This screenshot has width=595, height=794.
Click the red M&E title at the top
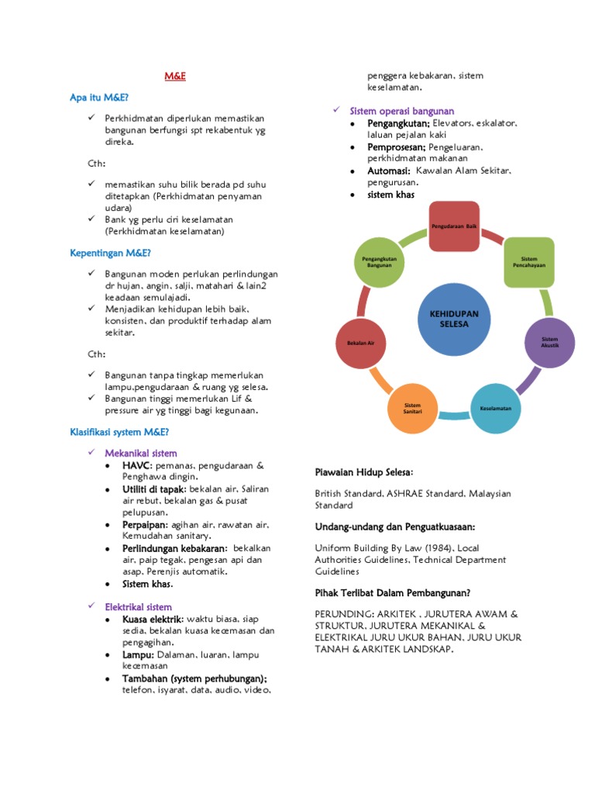[175, 76]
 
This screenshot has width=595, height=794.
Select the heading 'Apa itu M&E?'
[99, 98]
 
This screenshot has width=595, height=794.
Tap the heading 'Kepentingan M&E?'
[110, 253]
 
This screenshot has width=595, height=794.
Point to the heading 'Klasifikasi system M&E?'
[119, 432]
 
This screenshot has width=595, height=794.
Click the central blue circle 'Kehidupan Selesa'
[454, 318]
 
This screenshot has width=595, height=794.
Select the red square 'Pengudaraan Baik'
[454, 226]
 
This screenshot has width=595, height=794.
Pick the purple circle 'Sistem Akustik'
[549, 341]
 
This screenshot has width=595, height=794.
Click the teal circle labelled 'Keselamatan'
[496, 408]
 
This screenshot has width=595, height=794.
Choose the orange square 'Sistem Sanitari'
[412, 408]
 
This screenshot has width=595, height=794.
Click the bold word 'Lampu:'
[139, 655]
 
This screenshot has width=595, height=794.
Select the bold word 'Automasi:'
[389, 171]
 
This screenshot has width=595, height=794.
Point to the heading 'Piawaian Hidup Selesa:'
[364, 472]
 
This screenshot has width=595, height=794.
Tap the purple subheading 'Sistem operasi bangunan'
[402, 111]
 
